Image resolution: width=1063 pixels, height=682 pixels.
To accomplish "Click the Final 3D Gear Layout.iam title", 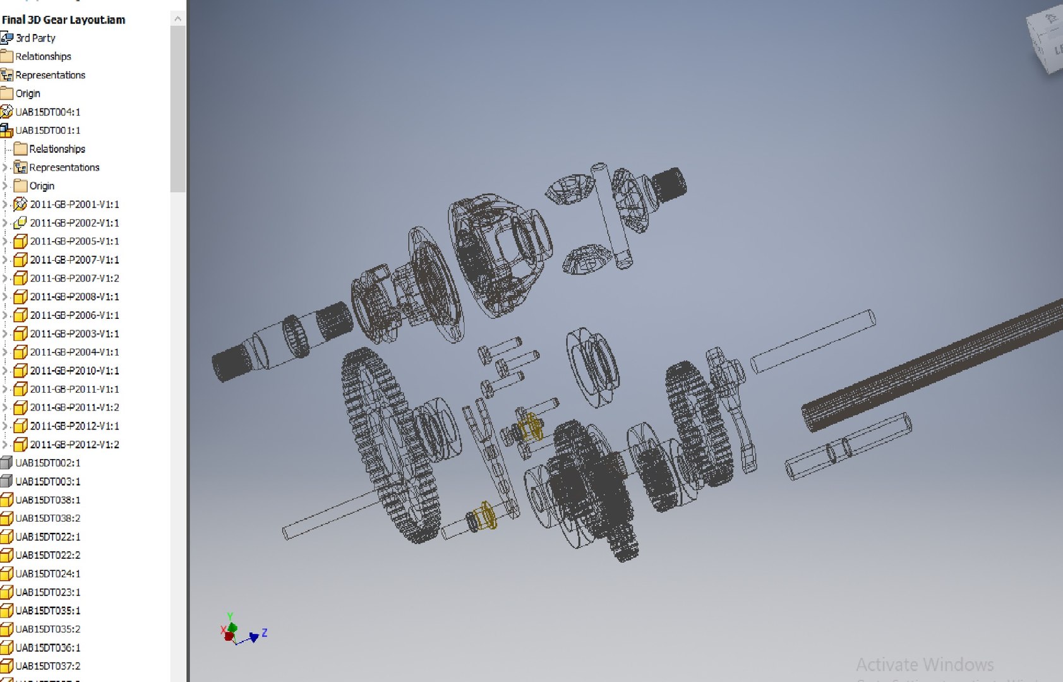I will [x=63, y=20].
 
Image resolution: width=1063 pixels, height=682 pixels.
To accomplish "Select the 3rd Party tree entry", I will [x=35, y=38].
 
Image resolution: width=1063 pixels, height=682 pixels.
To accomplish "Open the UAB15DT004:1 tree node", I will [x=48, y=112].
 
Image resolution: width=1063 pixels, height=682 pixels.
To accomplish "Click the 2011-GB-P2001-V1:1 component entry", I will [x=75, y=204].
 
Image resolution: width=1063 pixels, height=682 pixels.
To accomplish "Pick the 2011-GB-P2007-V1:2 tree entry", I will [x=75, y=278].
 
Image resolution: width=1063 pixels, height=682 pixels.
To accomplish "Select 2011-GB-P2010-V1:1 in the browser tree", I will [x=75, y=371].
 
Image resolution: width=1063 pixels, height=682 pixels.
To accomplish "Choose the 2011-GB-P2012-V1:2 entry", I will [x=75, y=445].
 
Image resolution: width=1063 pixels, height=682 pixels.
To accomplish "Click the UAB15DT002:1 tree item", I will [x=48, y=463].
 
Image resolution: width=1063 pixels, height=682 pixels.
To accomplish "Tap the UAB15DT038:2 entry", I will [x=48, y=518].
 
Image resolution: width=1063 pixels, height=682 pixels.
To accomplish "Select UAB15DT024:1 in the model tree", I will [x=48, y=573].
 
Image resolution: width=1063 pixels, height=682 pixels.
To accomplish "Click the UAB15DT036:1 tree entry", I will [x=48, y=647].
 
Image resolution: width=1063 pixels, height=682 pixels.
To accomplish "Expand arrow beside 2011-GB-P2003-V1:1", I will [x=5, y=333].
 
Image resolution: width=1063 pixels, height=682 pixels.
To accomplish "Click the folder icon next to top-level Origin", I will [x=7, y=93].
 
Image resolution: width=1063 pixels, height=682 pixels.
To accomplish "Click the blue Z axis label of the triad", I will [x=265, y=632].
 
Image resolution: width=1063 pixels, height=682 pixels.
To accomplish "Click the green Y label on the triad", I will [x=231, y=616].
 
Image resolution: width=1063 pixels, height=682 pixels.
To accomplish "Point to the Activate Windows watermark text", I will [x=924, y=664].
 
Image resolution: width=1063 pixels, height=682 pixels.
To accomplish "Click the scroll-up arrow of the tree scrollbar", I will [x=177, y=19].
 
